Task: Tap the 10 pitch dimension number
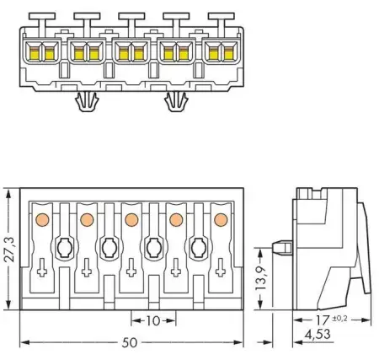pyautogui.click(x=152, y=321)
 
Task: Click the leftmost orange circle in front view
pyautogui.click(x=40, y=220)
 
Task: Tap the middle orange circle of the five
pyautogui.click(x=131, y=220)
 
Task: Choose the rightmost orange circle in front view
pyautogui.click(x=221, y=220)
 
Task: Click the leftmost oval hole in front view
pyautogui.click(x=63, y=248)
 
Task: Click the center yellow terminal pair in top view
pyautogui.click(x=131, y=55)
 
